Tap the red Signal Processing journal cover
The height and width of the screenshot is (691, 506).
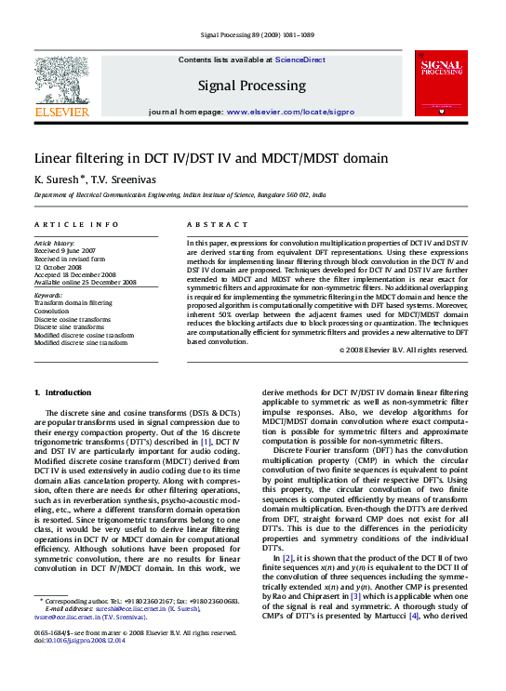pos(441,83)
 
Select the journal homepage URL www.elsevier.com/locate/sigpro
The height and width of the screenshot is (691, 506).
pos(294,112)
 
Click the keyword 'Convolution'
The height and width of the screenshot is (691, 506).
pos(52,312)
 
